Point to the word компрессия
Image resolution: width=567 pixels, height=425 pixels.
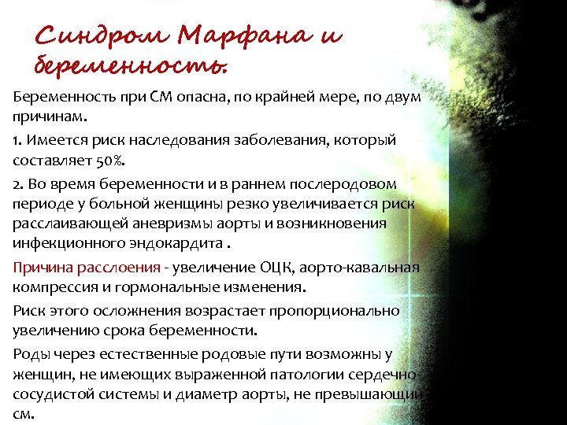(x=52, y=286)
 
